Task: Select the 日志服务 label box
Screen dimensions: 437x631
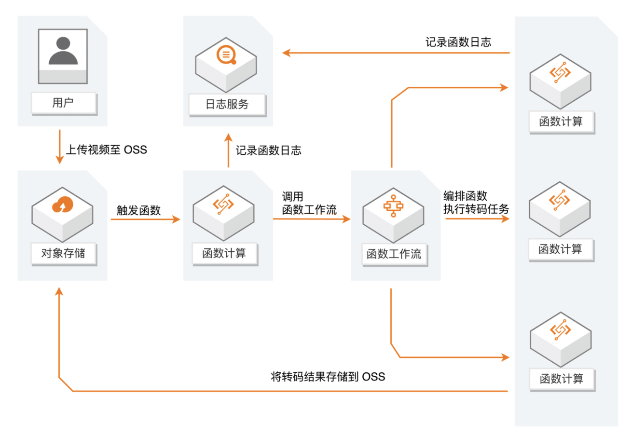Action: pyautogui.click(x=227, y=104)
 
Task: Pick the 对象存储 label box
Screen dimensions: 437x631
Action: pyautogui.click(x=63, y=253)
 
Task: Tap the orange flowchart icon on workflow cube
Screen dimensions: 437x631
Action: pyautogui.click(x=394, y=205)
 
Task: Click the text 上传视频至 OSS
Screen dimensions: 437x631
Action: pyautogui.click(x=106, y=150)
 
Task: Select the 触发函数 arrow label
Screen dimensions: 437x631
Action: pyautogui.click(x=138, y=210)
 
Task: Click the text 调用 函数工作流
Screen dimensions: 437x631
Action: pyautogui.click(x=309, y=203)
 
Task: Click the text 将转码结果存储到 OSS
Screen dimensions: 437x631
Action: pyautogui.click(x=328, y=377)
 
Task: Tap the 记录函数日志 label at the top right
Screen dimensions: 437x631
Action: pyautogui.click(x=458, y=42)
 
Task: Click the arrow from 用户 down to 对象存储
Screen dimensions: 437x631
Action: pyautogui.click(x=59, y=147)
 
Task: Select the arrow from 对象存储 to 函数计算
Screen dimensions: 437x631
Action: pyautogui.click(x=145, y=219)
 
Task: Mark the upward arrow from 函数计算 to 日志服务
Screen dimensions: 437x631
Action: pyautogui.click(x=228, y=151)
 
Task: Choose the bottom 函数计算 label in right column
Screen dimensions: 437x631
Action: pyautogui.click(x=560, y=378)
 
